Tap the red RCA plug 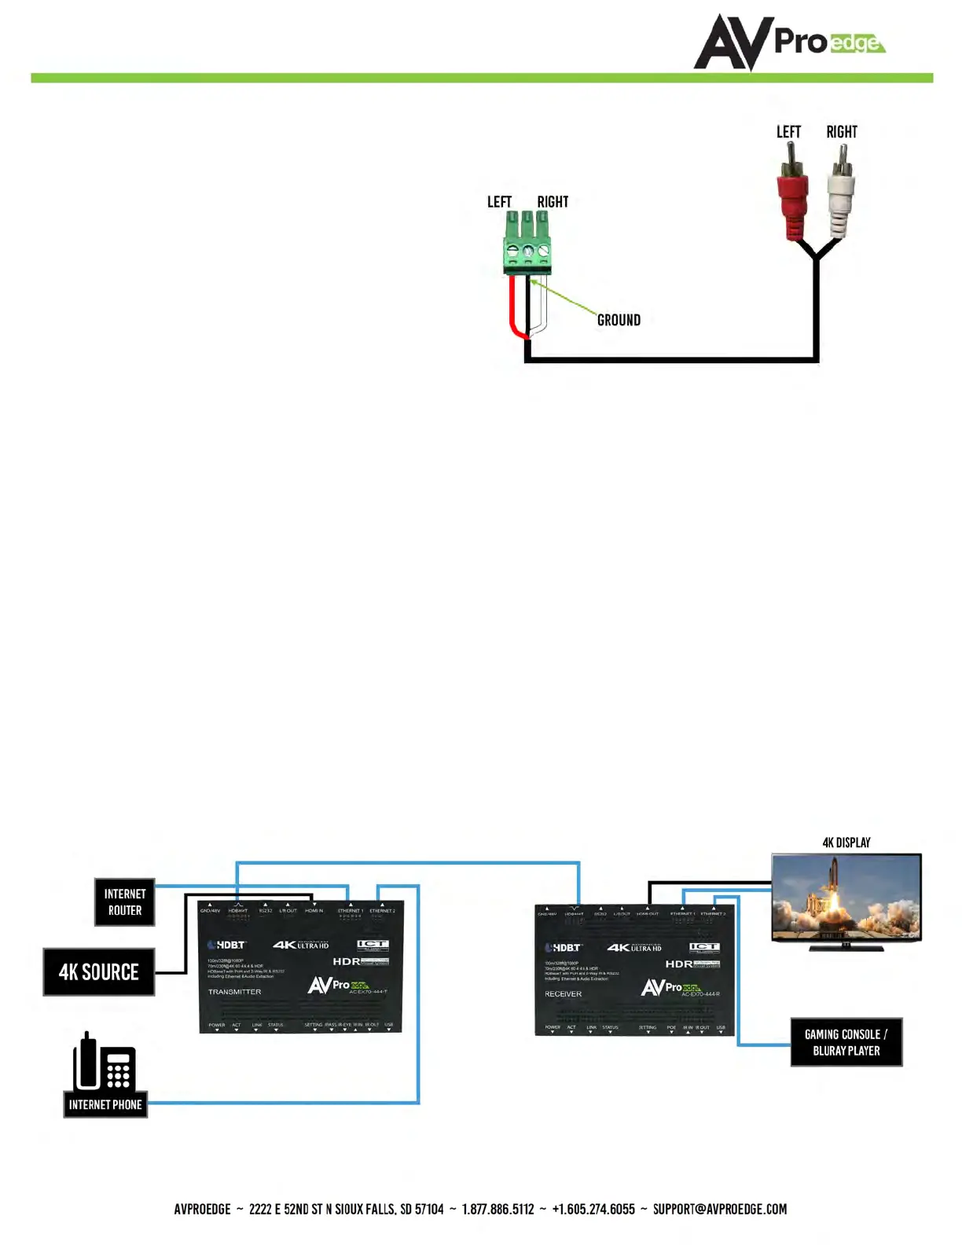(791, 200)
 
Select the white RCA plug (840, 200)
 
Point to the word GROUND (619, 320)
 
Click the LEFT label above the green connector (499, 202)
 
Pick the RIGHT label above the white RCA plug (842, 132)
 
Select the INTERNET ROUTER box (125, 902)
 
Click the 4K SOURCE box (99, 972)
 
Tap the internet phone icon (105, 1063)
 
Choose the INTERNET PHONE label (105, 1104)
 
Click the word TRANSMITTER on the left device (234, 992)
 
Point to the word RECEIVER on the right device (563, 994)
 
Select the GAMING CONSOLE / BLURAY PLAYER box (846, 1042)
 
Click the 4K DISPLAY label (846, 843)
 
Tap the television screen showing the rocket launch (846, 897)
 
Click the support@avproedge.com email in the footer (719, 1209)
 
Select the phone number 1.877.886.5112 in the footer (498, 1209)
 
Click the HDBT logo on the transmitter (227, 945)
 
